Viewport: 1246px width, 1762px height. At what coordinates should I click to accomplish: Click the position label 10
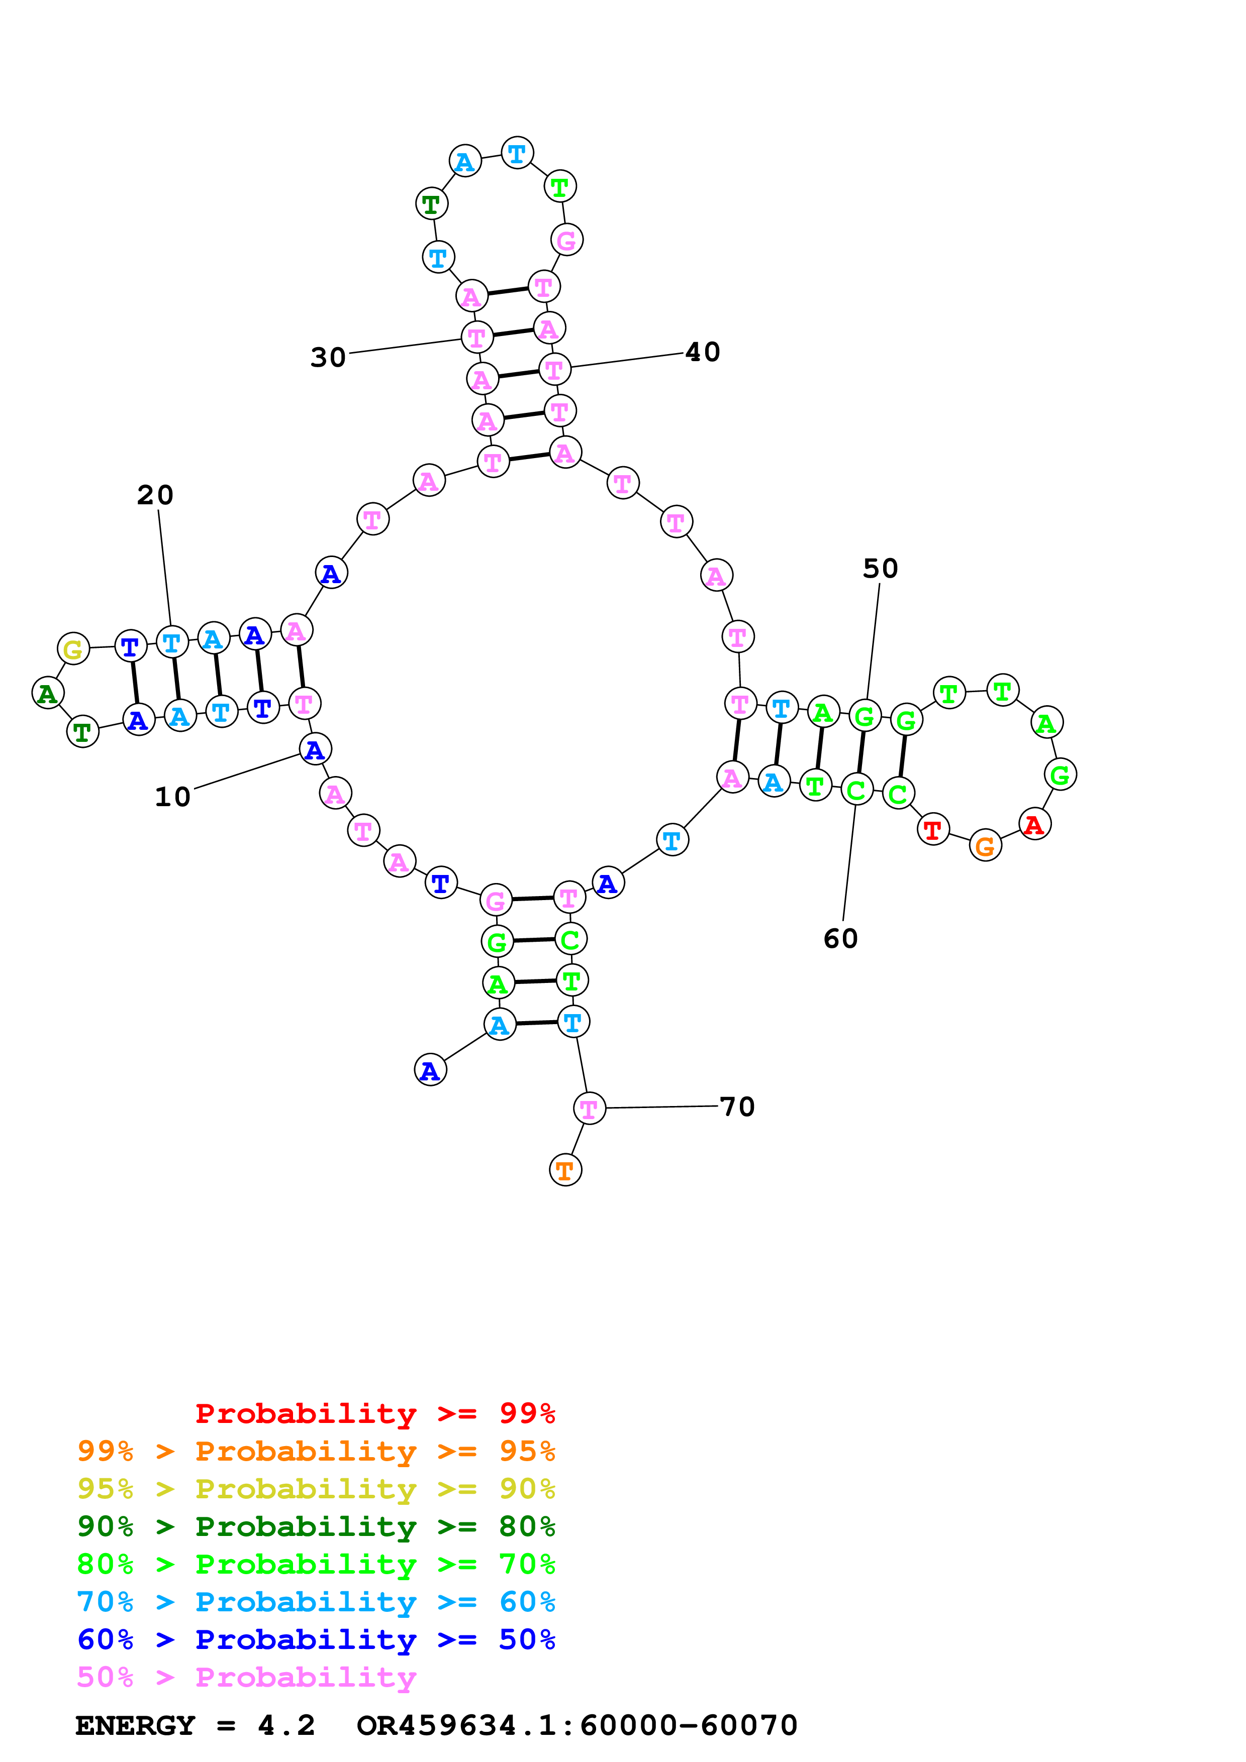[173, 797]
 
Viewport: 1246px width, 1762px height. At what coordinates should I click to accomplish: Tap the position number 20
[155, 495]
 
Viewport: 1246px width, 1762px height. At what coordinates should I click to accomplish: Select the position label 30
[328, 358]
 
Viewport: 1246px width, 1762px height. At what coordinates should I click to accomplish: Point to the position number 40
[703, 352]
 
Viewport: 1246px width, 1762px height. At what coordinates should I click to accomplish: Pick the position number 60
[841, 939]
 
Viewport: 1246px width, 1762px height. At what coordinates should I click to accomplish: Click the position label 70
[737, 1107]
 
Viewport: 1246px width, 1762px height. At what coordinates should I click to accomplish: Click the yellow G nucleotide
[73, 649]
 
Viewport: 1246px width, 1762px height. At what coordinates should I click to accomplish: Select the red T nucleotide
[933, 830]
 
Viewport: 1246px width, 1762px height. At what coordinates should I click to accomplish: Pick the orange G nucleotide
[985, 846]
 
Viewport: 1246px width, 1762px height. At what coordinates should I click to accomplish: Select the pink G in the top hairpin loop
[566, 240]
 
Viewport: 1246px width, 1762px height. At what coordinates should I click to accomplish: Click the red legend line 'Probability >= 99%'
[374, 1413]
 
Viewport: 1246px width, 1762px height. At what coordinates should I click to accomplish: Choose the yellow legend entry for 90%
[316, 1489]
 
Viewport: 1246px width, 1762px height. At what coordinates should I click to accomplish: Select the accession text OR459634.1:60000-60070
[577, 1726]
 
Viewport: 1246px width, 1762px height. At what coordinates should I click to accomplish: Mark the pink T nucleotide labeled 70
[589, 1108]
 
